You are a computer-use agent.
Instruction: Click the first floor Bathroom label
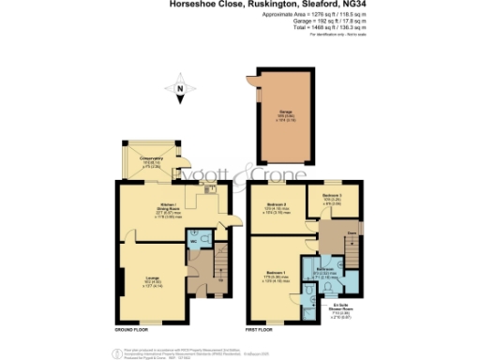pos(324,269)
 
